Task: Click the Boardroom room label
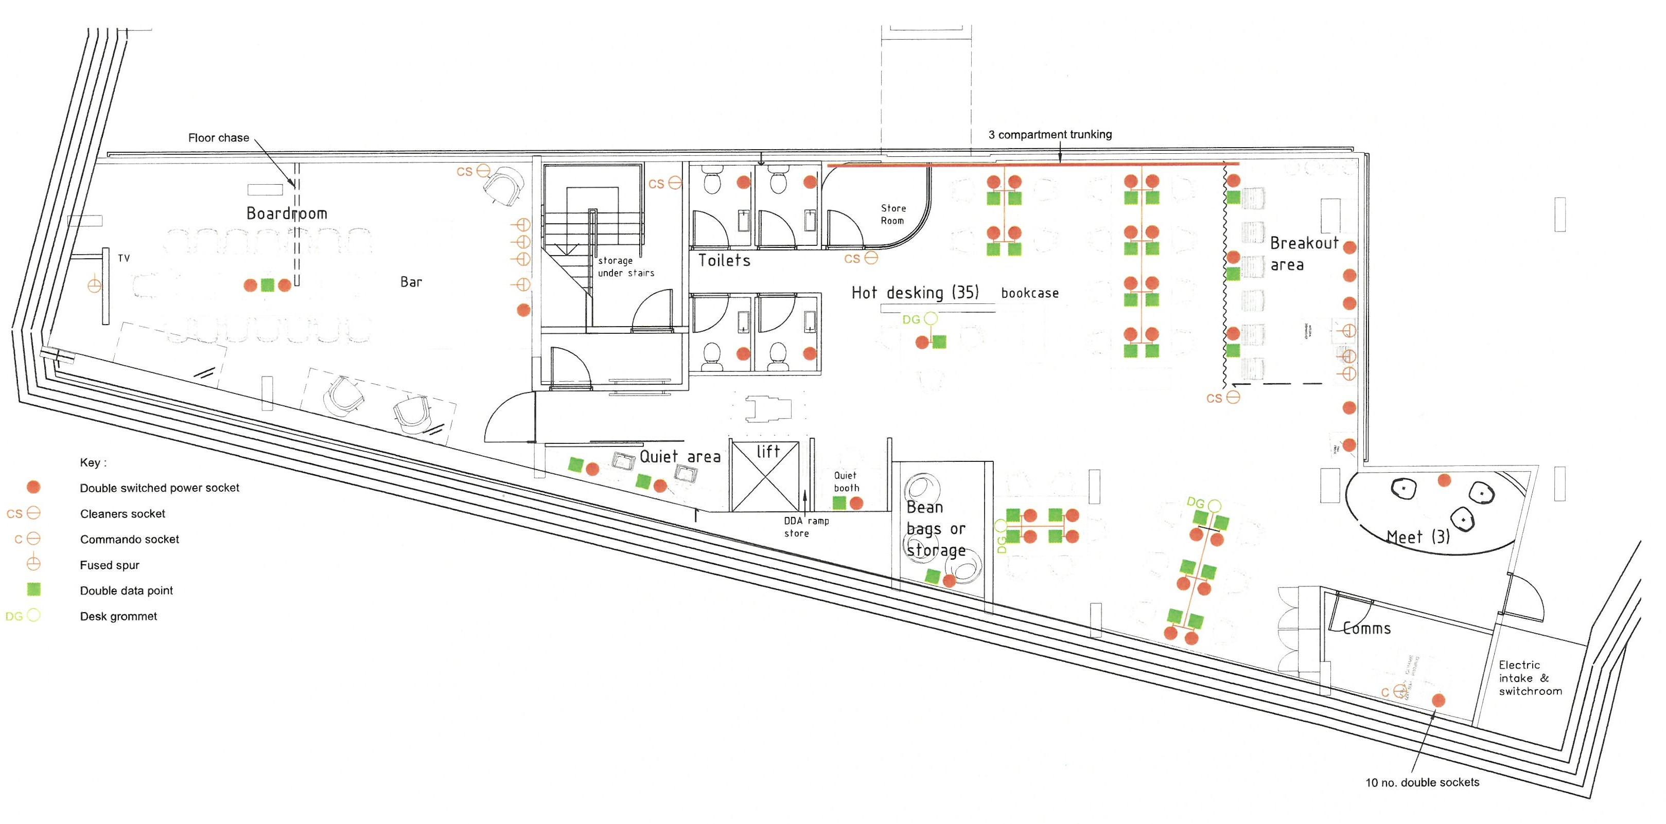(x=287, y=214)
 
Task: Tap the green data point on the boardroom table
(x=267, y=285)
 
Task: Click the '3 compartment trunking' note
(x=1049, y=134)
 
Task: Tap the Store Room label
(x=892, y=214)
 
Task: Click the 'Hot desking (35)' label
(x=915, y=293)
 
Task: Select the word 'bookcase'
(x=1030, y=293)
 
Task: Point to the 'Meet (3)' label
(x=1417, y=537)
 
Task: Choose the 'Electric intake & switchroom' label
(x=1530, y=678)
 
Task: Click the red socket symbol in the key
(x=33, y=487)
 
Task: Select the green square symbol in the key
(x=33, y=589)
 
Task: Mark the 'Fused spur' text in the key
(x=109, y=565)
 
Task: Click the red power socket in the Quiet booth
(x=856, y=503)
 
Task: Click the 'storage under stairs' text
(x=625, y=267)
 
